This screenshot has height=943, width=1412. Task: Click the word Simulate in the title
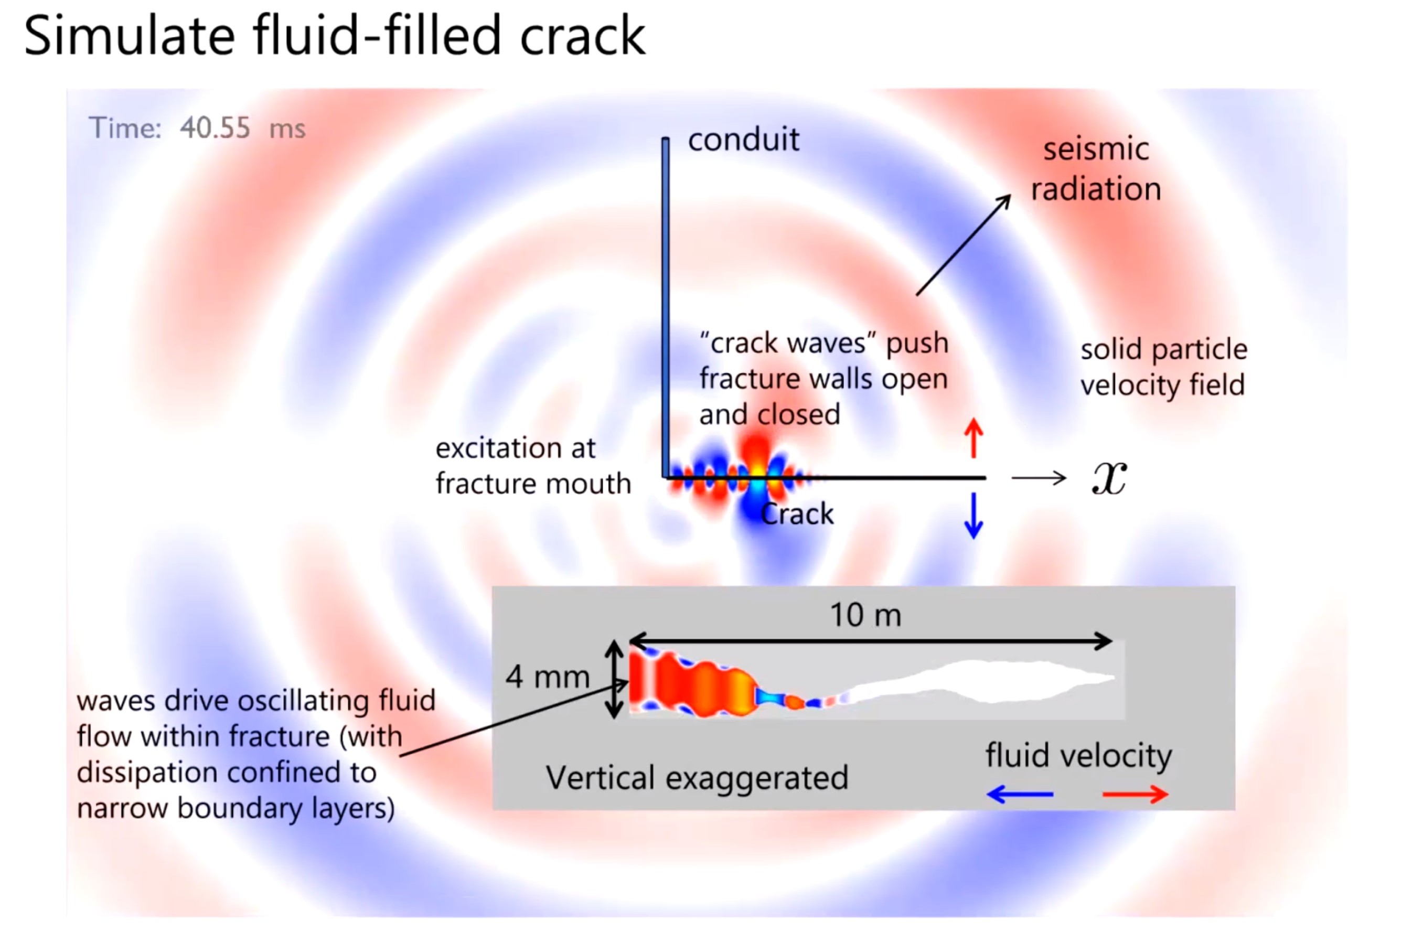[x=129, y=36]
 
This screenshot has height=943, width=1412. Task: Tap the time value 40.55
[x=215, y=128]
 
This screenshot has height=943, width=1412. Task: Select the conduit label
[x=743, y=140]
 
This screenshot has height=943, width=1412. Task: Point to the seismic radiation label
[x=1096, y=169]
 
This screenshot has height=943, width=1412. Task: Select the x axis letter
[x=1109, y=479]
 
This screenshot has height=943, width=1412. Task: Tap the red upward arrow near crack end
[x=973, y=438]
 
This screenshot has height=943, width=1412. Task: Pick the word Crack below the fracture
[x=797, y=514]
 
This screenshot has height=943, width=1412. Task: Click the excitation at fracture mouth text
[x=533, y=466]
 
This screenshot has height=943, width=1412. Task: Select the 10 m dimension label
[x=865, y=615]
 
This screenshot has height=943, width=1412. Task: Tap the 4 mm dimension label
[x=547, y=677]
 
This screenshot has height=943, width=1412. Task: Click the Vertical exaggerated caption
[x=697, y=778]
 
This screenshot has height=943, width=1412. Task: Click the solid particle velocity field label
[x=1163, y=367]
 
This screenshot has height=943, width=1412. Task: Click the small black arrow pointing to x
[x=1039, y=478]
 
